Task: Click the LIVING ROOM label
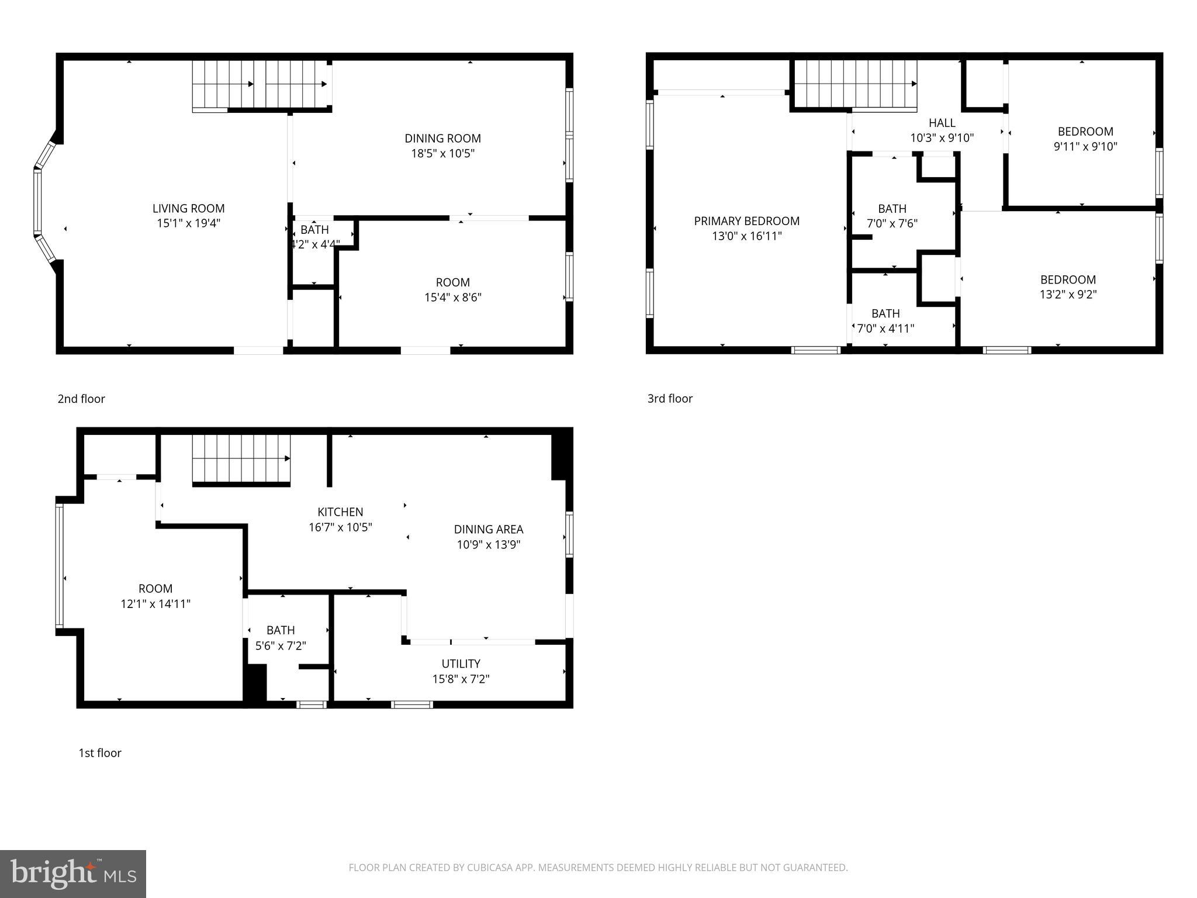pos(188,208)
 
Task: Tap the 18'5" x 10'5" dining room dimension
pos(442,154)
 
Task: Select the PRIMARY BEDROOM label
pos(746,221)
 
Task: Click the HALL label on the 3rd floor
pos(942,123)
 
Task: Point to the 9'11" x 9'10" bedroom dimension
pos(1085,147)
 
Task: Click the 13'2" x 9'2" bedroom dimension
pos(1067,295)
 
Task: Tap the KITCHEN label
pos(340,512)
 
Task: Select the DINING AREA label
pos(488,530)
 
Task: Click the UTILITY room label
pos(461,664)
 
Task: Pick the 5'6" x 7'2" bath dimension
pos(281,645)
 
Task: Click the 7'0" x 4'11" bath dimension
pos(885,329)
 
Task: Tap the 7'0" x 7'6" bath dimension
pos(892,224)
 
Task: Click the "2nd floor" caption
pos(81,399)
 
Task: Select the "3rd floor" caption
pos(670,399)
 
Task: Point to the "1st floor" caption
pos(100,753)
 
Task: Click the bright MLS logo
pos(73,874)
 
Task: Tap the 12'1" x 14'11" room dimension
pos(155,604)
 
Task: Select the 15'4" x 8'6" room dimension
pos(452,298)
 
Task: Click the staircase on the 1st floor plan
pos(241,458)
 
